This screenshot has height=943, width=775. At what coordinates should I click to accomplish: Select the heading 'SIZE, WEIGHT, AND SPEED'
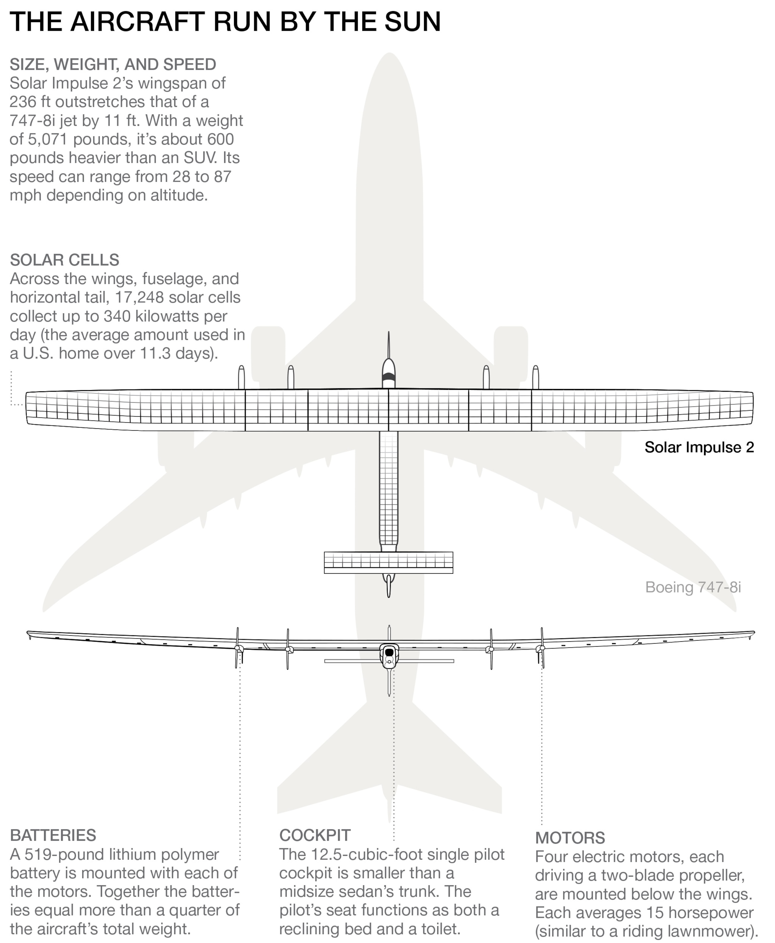tap(113, 65)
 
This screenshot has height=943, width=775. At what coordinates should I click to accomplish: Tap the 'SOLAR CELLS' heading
tap(65, 260)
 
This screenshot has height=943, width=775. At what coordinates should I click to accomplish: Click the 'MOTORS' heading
tap(570, 838)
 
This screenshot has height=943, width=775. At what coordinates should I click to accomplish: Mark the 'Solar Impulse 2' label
tap(699, 447)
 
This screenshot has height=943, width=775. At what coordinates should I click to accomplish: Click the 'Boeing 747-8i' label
tap(693, 587)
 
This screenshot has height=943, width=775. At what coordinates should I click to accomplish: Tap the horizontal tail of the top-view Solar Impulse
tap(388, 562)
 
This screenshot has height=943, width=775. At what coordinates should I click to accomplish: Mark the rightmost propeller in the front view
tap(542, 648)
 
